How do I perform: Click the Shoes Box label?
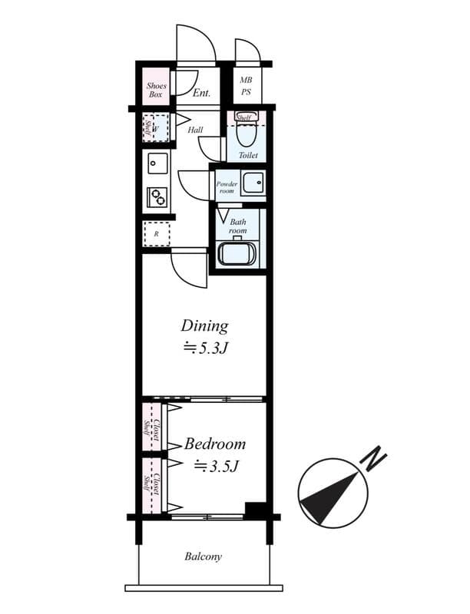point(156,91)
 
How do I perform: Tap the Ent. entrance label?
point(202,94)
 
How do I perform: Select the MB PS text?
point(246,85)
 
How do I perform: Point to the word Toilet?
point(247,156)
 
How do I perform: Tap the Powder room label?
point(226,187)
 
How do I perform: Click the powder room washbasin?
point(252,183)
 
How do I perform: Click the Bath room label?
point(237,226)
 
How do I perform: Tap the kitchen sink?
point(157,163)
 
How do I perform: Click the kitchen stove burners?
point(157,196)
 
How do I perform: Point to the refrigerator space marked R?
point(156,233)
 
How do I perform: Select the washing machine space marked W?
point(156,129)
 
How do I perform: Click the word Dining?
point(204,325)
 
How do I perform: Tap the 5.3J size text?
point(207,348)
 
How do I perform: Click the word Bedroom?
point(215,444)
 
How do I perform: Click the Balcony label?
point(204,556)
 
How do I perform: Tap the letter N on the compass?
point(375,460)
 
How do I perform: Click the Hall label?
point(195,130)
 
